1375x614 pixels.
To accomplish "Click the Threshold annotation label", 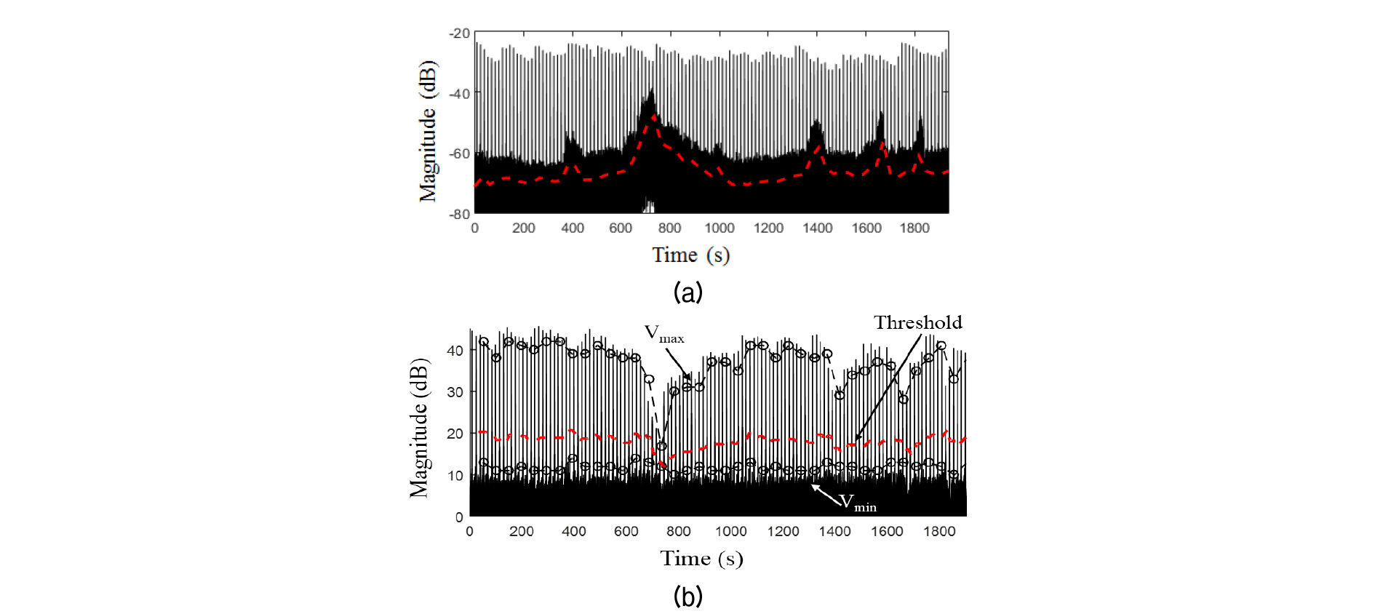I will click(x=917, y=322).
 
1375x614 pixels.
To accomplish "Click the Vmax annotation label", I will click(x=663, y=334).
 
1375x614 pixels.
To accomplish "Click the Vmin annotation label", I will click(x=857, y=502).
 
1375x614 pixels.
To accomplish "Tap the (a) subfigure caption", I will click(x=687, y=292).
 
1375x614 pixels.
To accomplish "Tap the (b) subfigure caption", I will click(x=687, y=597).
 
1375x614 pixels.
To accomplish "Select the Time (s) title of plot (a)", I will click(x=690, y=255).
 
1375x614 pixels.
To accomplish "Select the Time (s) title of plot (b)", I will click(x=701, y=559).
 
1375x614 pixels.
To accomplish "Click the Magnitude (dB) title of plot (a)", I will click(x=427, y=131).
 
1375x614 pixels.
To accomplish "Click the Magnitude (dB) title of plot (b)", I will click(x=418, y=428).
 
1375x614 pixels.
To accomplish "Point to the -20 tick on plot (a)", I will click(x=460, y=33).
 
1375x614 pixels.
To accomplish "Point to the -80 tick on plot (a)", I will click(x=460, y=214).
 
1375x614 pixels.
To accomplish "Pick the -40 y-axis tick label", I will click(x=460, y=94).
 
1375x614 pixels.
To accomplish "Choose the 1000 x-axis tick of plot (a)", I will click(x=720, y=228).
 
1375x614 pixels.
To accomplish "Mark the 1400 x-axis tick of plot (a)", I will click(x=818, y=228).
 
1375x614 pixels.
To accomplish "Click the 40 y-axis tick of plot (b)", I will click(x=455, y=351).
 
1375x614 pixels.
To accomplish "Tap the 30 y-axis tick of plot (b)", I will click(x=455, y=392).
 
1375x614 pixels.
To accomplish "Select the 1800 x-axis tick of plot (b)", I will click(x=939, y=532).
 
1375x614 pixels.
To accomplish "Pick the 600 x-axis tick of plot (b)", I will click(x=626, y=532).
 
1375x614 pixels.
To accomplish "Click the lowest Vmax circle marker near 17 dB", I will click(x=661, y=446).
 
